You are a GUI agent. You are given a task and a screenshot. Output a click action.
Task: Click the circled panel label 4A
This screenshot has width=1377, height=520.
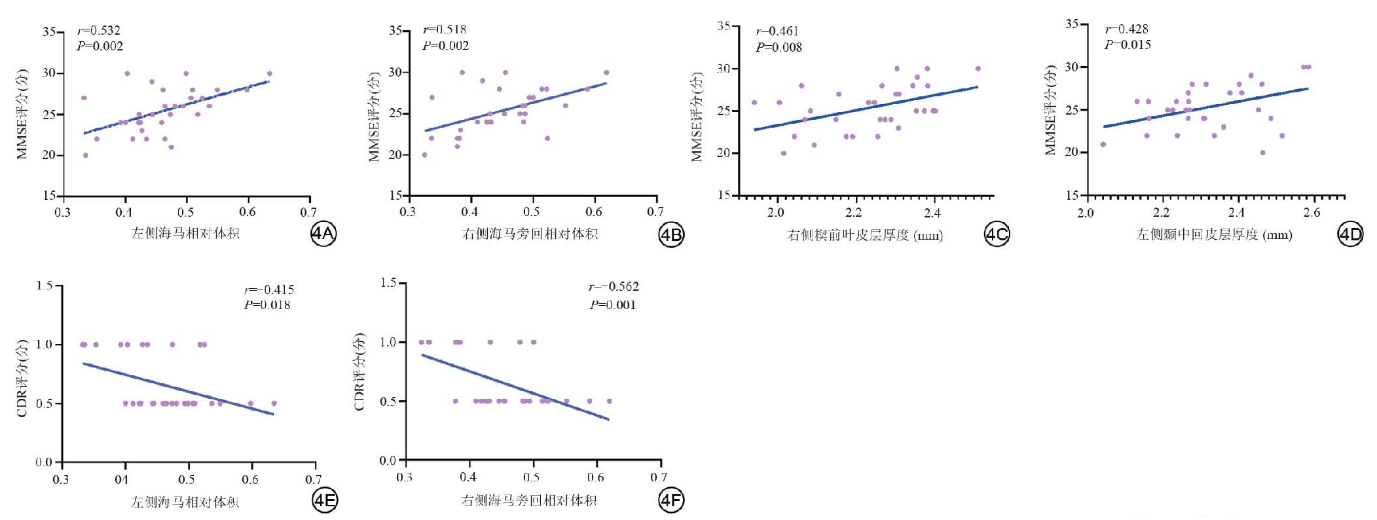click(x=323, y=234)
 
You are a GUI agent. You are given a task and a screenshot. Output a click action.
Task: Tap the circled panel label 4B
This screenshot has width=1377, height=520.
click(x=670, y=234)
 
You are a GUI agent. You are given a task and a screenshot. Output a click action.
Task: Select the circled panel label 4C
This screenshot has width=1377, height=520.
click(x=997, y=234)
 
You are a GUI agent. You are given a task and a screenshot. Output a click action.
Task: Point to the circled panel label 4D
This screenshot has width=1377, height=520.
click(x=1349, y=234)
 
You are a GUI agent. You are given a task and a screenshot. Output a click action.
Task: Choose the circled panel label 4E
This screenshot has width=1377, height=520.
click(x=325, y=501)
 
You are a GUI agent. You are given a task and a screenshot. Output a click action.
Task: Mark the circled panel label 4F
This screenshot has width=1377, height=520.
click(x=671, y=501)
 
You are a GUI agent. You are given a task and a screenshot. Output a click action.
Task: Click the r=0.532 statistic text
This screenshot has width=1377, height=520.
click(x=99, y=30)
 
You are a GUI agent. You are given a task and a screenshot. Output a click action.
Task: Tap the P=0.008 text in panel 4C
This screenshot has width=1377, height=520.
click(x=779, y=47)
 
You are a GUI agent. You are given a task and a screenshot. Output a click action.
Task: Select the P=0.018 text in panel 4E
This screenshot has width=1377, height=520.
click(x=267, y=305)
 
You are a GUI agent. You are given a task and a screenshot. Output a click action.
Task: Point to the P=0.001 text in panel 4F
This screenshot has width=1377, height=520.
click(x=613, y=305)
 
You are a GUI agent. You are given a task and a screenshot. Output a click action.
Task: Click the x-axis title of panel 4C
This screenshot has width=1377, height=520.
click(x=865, y=235)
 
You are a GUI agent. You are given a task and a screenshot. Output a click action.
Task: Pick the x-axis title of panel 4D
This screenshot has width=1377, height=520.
click(x=1214, y=234)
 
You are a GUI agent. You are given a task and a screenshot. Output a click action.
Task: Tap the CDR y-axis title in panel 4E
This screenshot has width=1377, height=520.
click(x=22, y=378)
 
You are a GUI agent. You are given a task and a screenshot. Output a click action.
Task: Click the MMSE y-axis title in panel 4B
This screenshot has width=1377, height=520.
click(x=374, y=117)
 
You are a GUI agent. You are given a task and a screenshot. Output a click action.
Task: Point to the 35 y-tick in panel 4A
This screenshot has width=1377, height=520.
click(x=49, y=31)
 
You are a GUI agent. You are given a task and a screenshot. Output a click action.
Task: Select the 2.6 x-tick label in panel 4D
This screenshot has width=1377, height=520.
click(x=1312, y=212)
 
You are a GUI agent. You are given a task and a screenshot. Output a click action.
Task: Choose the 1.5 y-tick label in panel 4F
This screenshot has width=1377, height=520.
click(x=388, y=283)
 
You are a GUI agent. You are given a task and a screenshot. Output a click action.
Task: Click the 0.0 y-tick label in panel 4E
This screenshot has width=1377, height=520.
click(x=44, y=462)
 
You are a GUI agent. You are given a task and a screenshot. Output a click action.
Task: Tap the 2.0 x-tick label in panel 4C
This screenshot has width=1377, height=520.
click(x=776, y=212)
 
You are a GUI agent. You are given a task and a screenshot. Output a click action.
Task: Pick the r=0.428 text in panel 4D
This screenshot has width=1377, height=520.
click(x=1127, y=29)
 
